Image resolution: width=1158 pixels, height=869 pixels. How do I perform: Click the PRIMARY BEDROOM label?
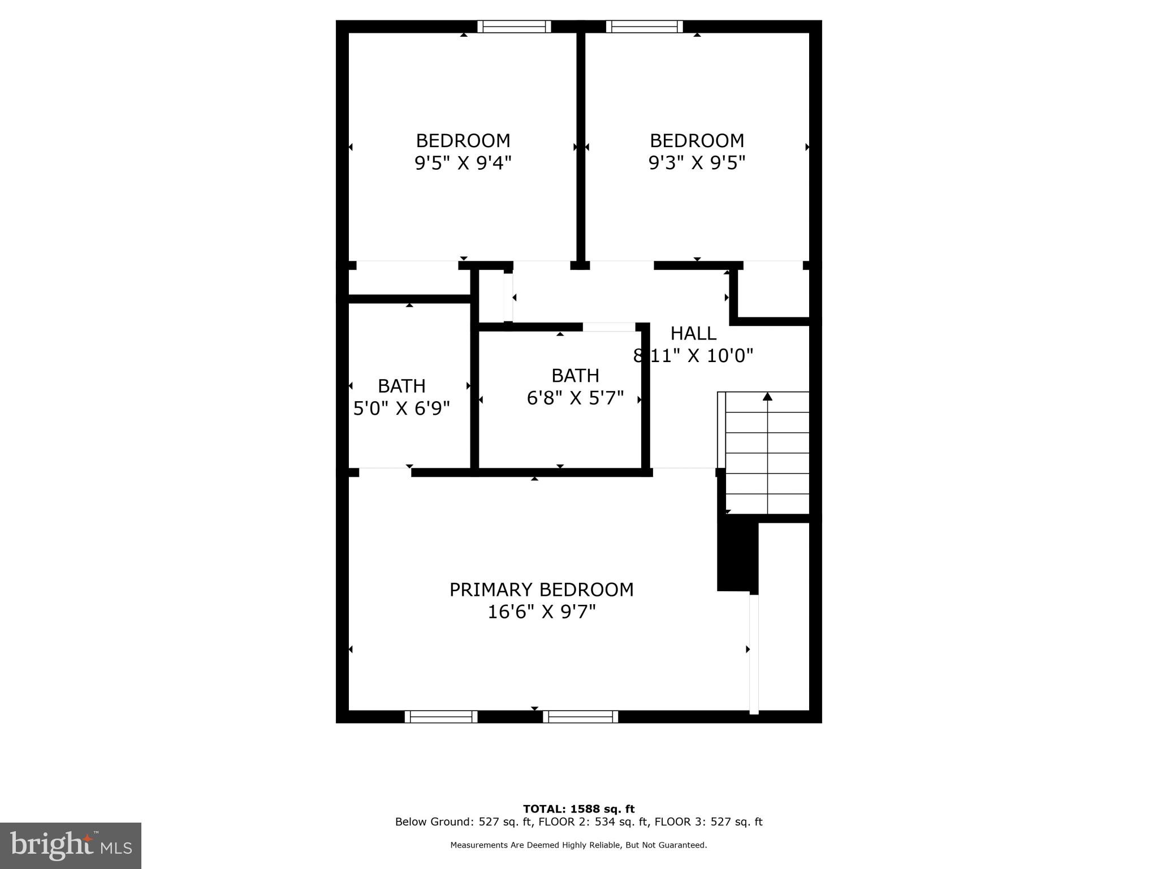541,590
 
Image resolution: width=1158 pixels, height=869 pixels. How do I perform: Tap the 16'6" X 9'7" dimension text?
541,612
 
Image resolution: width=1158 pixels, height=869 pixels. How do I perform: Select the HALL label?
693,333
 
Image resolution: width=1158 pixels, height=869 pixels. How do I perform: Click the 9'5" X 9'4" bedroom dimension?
463,163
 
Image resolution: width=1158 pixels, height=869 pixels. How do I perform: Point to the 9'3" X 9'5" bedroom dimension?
697,163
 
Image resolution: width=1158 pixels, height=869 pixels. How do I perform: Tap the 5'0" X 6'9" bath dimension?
401,408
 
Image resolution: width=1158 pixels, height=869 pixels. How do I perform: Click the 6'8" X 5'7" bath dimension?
575,398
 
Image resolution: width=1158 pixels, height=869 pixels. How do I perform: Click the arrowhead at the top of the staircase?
767,397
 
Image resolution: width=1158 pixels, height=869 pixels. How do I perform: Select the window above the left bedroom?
514,27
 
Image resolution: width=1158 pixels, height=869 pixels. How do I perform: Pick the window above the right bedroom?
644,27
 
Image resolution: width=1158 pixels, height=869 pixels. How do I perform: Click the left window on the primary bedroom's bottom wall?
441,717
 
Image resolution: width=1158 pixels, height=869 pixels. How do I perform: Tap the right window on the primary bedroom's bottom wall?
581,717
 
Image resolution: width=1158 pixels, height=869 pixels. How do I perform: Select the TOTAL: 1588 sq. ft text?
578,809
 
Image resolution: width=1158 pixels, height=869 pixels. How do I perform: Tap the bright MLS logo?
71,846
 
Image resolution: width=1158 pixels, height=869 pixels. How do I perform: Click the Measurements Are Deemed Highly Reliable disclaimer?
578,845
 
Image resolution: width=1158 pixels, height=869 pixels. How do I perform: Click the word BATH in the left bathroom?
401,386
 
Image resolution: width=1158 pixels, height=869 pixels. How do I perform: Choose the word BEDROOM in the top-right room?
697,140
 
